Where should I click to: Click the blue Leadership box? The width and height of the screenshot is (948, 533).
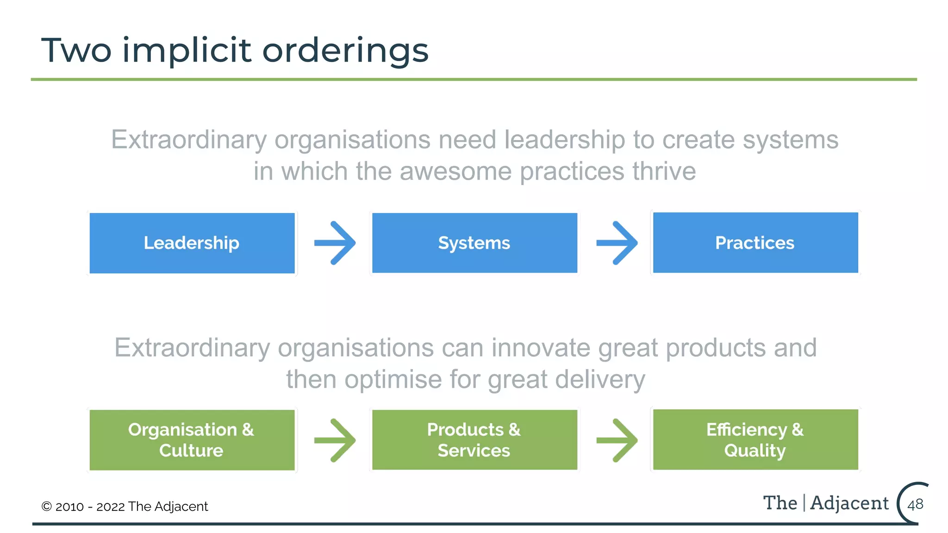(x=192, y=243)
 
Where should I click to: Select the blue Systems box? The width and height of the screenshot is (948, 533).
(x=474, y=243)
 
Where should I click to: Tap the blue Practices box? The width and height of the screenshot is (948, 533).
(x=755, y=242)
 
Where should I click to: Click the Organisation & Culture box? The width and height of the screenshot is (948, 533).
(x=192, y=440)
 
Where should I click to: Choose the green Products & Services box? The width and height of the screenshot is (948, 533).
(x=474, y=440)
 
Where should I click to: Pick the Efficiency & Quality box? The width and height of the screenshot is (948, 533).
(x=755, y=440)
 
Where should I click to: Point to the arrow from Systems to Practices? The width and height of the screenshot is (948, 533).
(x=617, y=243)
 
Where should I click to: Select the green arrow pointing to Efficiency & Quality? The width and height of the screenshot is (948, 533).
(x=617, y=440)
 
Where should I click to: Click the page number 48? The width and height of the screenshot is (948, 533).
(x=915, y=504)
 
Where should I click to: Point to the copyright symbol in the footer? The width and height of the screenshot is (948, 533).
(x=46, y=507)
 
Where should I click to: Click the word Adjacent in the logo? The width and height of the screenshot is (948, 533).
(x=849, y=503)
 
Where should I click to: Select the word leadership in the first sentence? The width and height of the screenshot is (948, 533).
(x=564, y=140)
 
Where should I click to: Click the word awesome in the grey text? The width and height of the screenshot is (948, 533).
(x=455, y=171)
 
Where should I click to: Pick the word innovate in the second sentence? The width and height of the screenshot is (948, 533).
(x=541, y=348)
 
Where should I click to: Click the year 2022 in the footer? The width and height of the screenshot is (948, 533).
(x=111, y=507)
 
